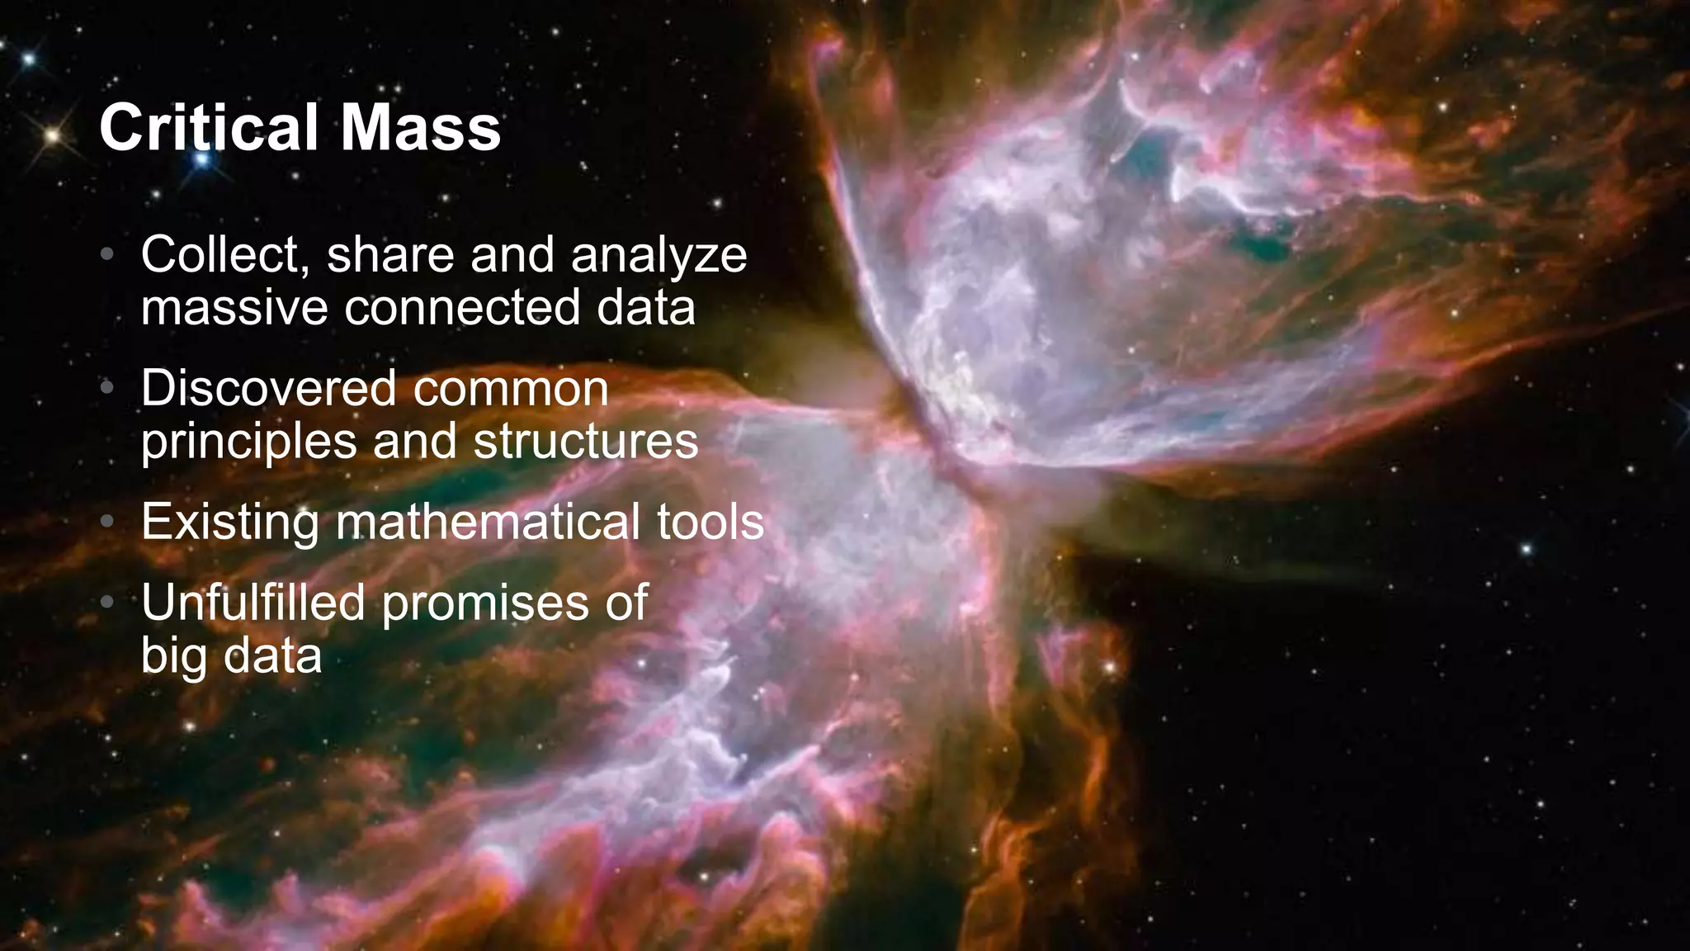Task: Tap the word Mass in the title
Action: (x=420, y=128)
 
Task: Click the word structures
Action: (x=586, y=442)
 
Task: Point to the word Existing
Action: (x=230, y=523)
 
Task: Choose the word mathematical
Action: (x=488, y=523)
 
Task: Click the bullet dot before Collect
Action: (x=106, y=255)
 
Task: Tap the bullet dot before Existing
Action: (x=106, y=523)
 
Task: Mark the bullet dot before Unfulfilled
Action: (x=106, y=603)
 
